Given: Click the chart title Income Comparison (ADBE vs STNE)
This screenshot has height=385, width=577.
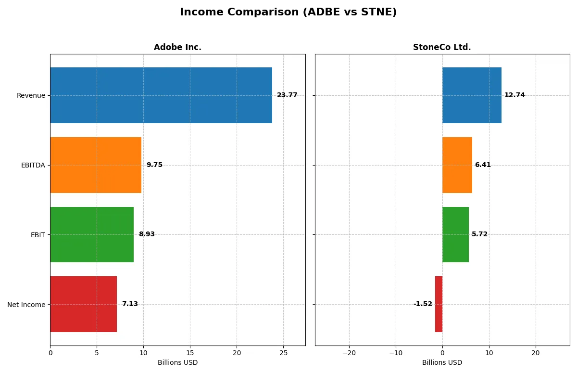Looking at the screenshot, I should [x=288, y=13].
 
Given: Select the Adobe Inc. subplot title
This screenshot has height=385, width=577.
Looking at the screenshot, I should [x=177, y=47].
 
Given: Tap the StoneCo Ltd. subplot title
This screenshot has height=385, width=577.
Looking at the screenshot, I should [x=442, y=47].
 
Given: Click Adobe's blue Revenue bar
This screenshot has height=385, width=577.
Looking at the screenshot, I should [x=161, y=95].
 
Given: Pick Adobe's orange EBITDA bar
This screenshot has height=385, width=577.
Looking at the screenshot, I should [x=96, y=165].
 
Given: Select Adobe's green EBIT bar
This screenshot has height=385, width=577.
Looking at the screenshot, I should [x=92, y=234].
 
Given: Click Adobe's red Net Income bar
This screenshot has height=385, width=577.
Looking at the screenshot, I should [x=83, y=304].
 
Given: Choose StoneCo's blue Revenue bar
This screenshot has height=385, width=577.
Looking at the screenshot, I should [x=472, y=95].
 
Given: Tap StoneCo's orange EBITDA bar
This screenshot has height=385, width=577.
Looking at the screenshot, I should [x=457, y=165].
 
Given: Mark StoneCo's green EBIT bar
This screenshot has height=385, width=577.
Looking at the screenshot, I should [x=455, y=234].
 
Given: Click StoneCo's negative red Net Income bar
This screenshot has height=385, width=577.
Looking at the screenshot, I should [x=439, y=304].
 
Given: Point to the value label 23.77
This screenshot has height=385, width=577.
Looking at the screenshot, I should [x=287, y=95].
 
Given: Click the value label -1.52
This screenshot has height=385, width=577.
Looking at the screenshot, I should [x=423, y=304].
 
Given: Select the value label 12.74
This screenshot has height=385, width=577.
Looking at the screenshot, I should [x=514, y=95].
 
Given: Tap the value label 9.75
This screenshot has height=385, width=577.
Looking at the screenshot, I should [x=154, y=165].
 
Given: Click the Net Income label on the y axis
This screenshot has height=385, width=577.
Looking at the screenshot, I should [x=26, y=305].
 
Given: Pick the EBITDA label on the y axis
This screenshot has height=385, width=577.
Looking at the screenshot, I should [x=33, y=166].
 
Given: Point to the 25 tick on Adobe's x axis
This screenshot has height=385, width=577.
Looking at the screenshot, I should [x=283, y=353].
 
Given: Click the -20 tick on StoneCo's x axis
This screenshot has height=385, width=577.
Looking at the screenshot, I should [x=349, y=353].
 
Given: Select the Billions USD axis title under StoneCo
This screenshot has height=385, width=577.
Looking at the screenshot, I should [x=442, y=362].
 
